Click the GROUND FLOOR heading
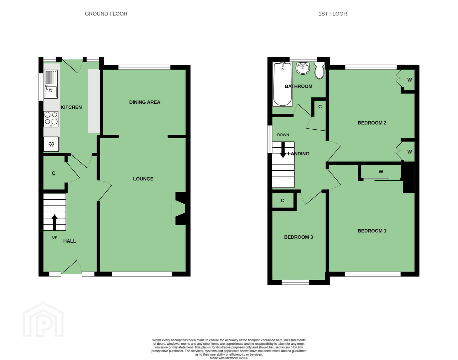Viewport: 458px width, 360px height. pyautogui.click(x=106, y=14)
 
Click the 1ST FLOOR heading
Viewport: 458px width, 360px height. pyautogui.click(x=333, y=14)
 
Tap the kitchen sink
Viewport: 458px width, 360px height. pyautogui.click(x=51, y=84)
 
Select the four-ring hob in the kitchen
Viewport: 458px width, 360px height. pyautogui.click(x=51, y=119)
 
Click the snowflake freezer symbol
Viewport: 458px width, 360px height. pyautogui.click(x=51, y=144)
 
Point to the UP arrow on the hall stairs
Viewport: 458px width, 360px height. pyautogui.click(x=55, y=222)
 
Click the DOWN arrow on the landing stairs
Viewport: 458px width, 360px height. pyautogui.click(x=283, y=150)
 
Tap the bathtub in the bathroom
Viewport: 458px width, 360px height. pyautogui.click(x=282, y=84)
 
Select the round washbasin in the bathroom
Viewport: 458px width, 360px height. pyautogui.click(x=303, y=68)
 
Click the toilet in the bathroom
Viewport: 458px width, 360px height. pyautogui.click(x=319, y=70)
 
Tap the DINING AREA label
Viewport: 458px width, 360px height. pyautogui.click(x=145, y=102)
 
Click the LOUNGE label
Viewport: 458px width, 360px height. pyautogui.click(x=143, y=179)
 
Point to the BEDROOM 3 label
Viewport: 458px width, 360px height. pyautogui.click(x=298, y=237)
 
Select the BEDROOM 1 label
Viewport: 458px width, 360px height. pyautogui.click(x=372, y=231)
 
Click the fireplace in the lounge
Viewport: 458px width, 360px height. pyautogui.click(x=179, y=208)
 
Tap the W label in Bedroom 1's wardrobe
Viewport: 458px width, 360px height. pyautogui.click(x=381, y=172)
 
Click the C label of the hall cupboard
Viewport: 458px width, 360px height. pyautogui.click(x=54, y=173)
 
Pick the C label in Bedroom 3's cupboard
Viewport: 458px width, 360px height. pyautogui.click(x=282, y=200)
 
